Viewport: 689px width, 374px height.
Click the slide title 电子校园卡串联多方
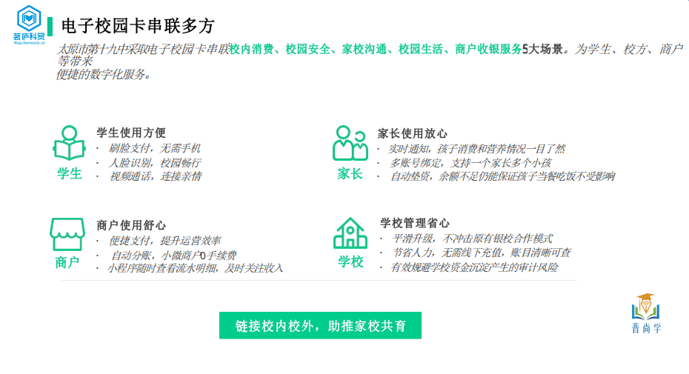pos(138,27)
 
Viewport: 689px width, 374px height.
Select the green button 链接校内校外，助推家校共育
pos(320,326)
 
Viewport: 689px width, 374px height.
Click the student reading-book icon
pos(69,144)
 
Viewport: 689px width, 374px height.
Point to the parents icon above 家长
pos(350,143)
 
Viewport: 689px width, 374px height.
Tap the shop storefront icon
pos(67,234)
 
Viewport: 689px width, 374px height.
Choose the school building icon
pos(350,233)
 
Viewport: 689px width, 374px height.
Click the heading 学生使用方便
pos(131,133)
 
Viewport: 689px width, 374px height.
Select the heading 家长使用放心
pos(413,133)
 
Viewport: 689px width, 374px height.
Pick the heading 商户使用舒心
pos(131,225)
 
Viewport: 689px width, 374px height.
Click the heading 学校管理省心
pos(415,223)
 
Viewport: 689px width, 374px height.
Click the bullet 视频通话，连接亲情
pos(155,176)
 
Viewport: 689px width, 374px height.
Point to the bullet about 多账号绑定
pos(470,162)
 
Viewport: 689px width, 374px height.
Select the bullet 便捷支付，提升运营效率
pos(165,241)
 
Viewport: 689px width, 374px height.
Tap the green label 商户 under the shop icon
pos(67,263)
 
